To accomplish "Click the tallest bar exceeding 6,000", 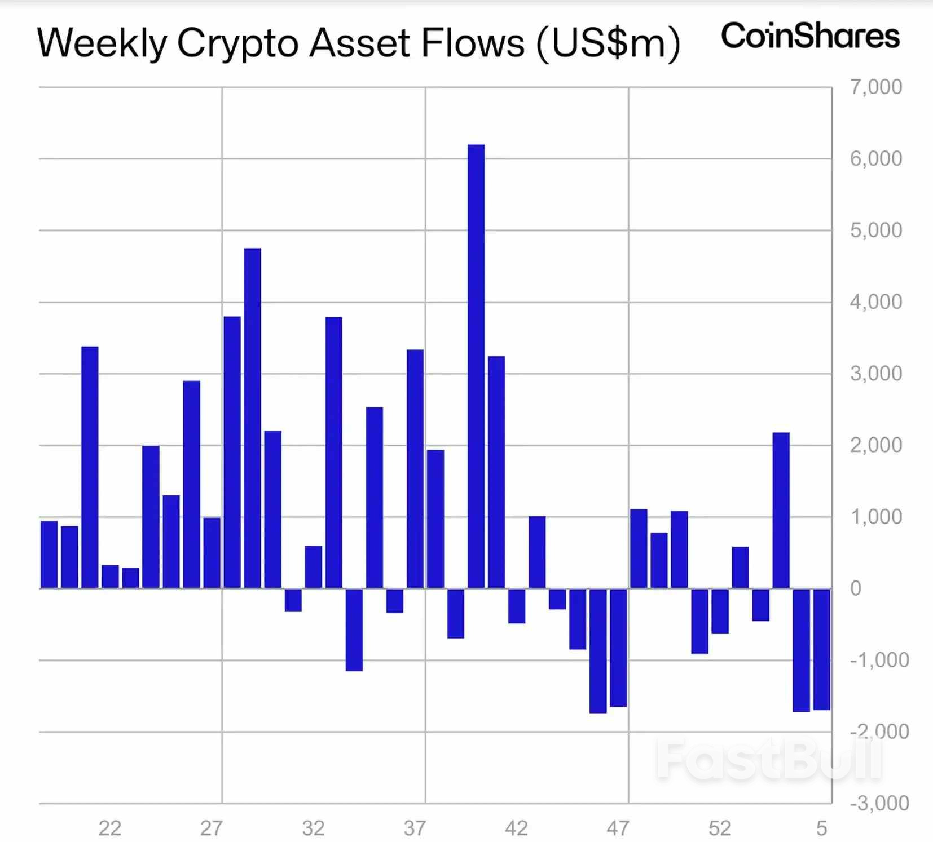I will pyautogui.click(x=476, y=366).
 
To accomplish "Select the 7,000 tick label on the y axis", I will pyautogui.click(x=875, y=87).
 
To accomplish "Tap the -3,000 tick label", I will pyautogui.click(x=879, y=803).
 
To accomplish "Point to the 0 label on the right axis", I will pyautogui.click(x=856, y=588).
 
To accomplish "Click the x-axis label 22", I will pyautogui.click(x=109, y=828).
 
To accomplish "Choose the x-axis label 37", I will pyautogui.click(x=415, y=828).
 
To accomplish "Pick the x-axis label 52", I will pyautogui.click(x=720, y=828).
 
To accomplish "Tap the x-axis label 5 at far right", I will pyautogui.click(x=821, y=828).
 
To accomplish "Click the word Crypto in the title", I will pyautogui.click(x=237, y=44).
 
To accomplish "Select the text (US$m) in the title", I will pyautogui.click(x=608, y=44).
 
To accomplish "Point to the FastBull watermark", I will pyautogui.click(x=770, y=760).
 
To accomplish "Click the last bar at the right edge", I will pyautogui.click(x=821, y=649).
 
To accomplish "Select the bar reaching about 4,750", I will pyautogui.click(x=252, y=418).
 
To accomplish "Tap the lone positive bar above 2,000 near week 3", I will pyautogui.click(x=781, y=510).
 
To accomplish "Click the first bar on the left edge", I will pyautogui.click(x=49, y=555).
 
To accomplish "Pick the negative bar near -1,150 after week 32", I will pyautogui.click(x=354, y=630).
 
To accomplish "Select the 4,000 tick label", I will pyautogui.click(x=875, y=302).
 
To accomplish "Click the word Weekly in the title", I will pyautogui.click(x=102, y=44).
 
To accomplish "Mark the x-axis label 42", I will pyautogui.click(x=516, y=828).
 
